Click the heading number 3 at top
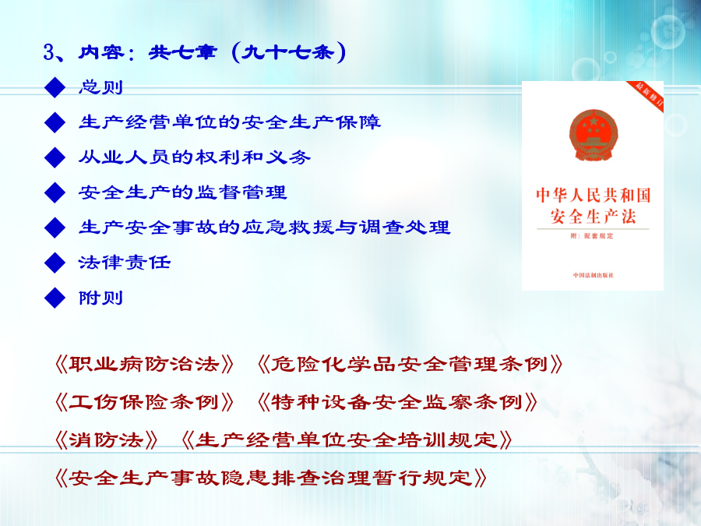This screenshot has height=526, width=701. pos(49,53)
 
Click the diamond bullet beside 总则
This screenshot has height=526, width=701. pos(55,87)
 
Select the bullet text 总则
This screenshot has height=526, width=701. pos(100,86)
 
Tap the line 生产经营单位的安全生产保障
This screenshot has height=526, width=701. pos(230,122)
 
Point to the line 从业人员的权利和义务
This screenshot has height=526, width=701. pos(195,157)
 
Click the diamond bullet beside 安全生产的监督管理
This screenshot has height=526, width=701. pos(55,192)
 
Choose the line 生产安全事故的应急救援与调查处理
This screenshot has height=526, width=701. pos(265,228)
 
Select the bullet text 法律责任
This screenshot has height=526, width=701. pos(125,263)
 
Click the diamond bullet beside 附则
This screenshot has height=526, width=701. pos(55,298)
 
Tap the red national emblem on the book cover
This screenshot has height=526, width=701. pos(594,135)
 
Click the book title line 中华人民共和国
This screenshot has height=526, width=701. pos(594,196)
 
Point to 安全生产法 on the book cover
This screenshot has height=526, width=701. pos(594,217)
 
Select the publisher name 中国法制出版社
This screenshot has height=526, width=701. pos(594,275)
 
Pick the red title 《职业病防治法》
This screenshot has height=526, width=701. pos(144,365)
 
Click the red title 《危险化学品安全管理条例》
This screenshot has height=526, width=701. pos(410,365)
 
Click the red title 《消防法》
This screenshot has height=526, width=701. pos(106,440)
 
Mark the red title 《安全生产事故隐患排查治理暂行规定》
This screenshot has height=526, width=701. pos(270,478)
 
